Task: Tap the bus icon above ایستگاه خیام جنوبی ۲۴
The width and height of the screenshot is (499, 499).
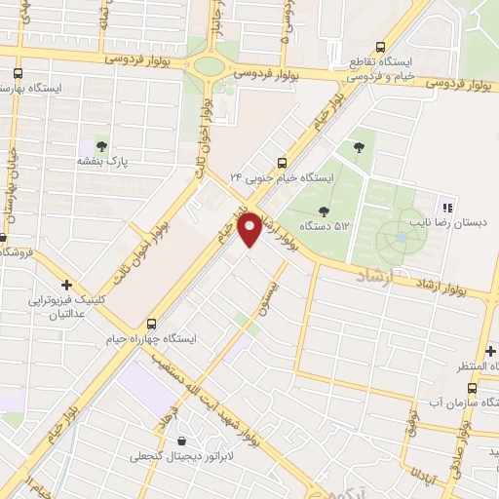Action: click(x=283, y=163)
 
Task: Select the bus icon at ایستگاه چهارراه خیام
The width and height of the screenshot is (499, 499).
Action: click(x=151, y=324)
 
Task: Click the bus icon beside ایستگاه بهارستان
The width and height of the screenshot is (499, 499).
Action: click(x=19, y=73)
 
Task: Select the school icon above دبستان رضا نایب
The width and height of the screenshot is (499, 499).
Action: click(x=447, y=207)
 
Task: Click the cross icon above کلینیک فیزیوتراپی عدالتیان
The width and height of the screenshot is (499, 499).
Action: click(x=66, y=285)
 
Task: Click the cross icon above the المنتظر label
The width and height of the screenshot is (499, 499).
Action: click(x=490, y=350)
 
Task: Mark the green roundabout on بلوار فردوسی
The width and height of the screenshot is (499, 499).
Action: click(x=209, y=66)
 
